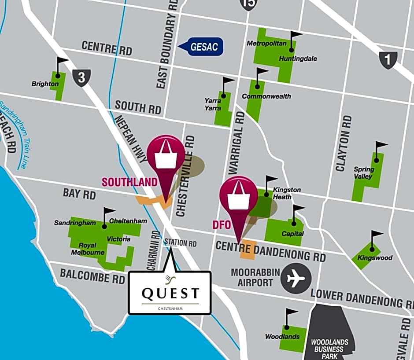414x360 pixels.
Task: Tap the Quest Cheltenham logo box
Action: [x=170, y=293]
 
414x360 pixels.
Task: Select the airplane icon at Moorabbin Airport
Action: [x=296, y=278]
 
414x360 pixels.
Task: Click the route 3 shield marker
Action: [x=81, y=77]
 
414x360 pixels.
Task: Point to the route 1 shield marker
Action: [x=388, y=60]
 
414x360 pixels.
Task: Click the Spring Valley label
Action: [x=364, y=173]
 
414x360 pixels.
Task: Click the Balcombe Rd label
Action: [x=92, y=276]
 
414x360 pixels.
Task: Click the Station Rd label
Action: [x=180, y=243]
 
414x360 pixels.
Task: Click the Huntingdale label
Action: [x=298, y=59]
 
